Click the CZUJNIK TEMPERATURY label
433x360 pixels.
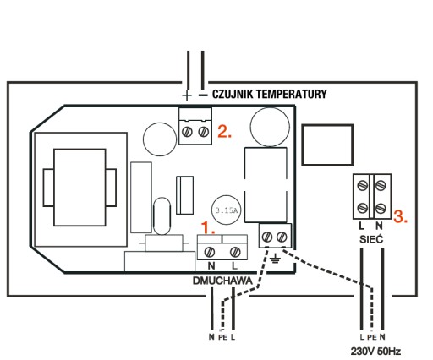[x=270, y=94]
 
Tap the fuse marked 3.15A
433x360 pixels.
[x=227, y=210]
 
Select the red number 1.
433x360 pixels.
[x=208, y=228]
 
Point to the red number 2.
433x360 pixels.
[x=225, y=131]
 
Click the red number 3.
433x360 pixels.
[x=400, y=216]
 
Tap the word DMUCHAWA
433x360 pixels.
[x=222, y=281]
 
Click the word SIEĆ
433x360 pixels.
[x=371, y=239]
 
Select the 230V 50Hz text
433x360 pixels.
[x=375, y=352]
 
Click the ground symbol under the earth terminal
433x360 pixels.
[x=275, y=258]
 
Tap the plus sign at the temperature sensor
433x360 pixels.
[x=187, y=95]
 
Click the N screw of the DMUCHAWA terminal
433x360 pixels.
[x=209, y=252]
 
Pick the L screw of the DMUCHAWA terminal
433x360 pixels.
[x=235, y=252]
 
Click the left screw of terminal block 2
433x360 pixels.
[x=187, y=132]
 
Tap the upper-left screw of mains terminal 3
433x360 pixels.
[x=362, y=185]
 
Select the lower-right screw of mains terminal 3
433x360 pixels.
[x=381, y=208]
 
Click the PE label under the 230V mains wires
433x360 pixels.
[x=372, y=337]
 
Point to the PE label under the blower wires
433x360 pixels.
[x=222, y=337]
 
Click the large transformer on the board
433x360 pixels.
[x=79, y=188]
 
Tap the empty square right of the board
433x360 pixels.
[x=327, y=145]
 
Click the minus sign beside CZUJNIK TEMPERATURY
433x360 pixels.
[x=203, y=95]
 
